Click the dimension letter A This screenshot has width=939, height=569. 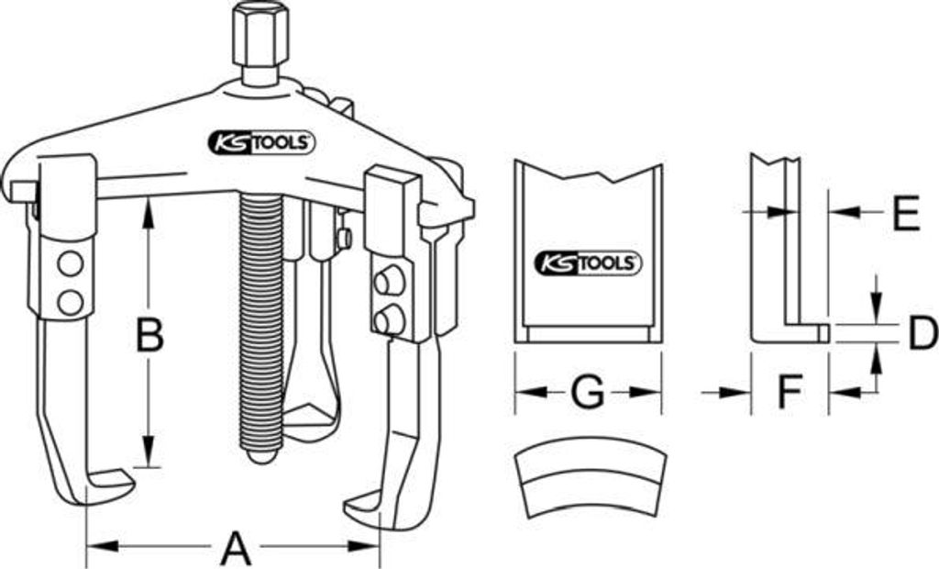[236, 546]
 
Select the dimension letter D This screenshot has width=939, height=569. [923, 332]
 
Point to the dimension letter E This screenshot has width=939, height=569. [906, 212]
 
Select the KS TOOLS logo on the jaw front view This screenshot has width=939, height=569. [588, 263]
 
